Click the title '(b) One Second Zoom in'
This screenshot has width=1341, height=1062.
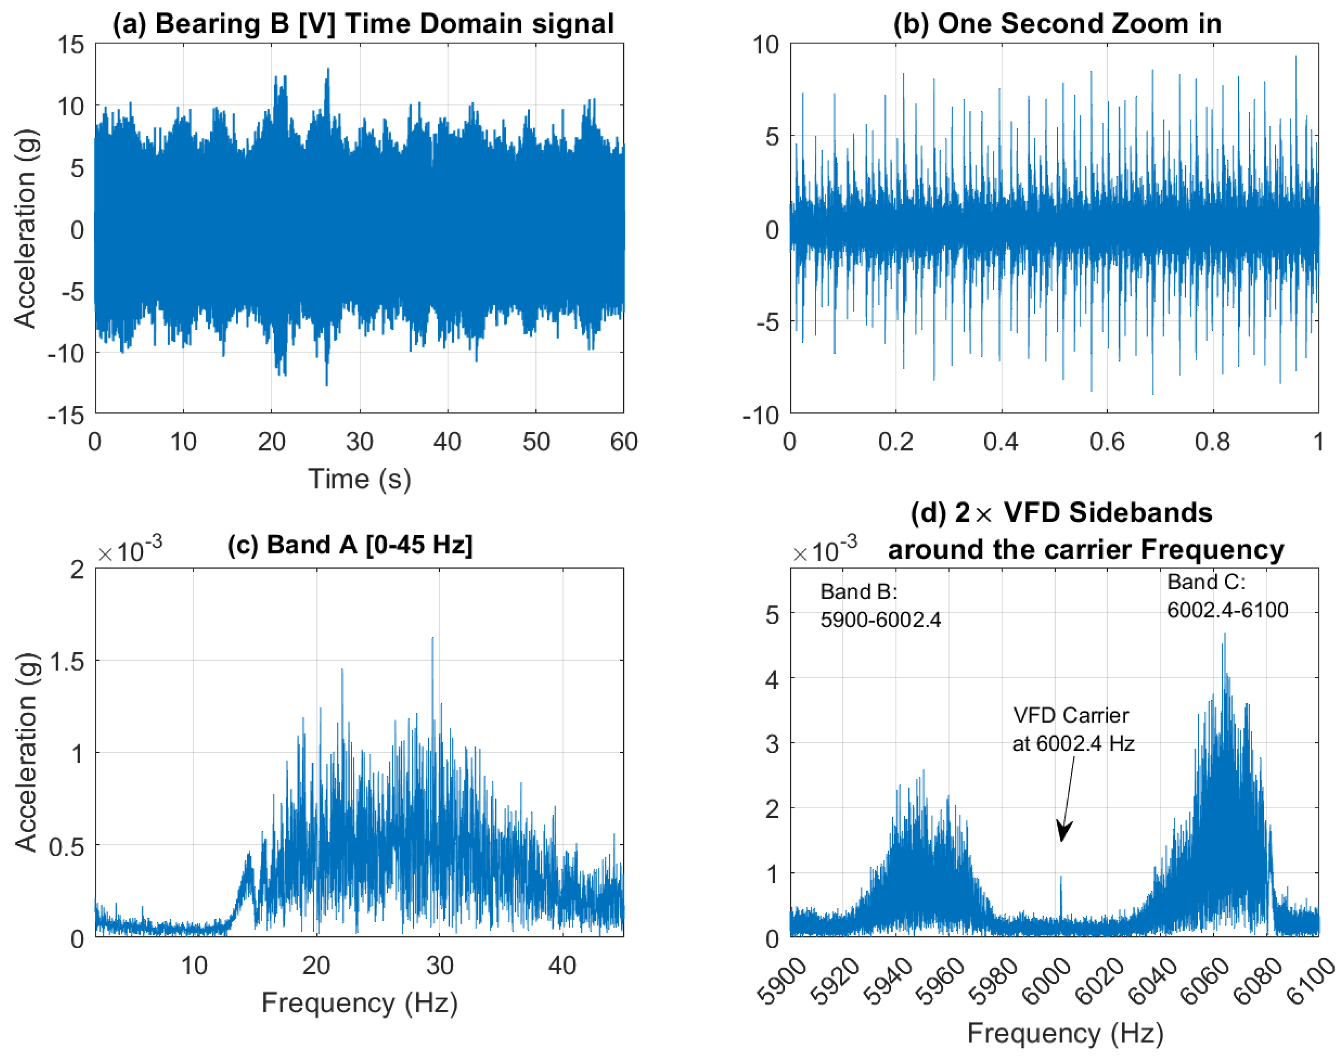1057,23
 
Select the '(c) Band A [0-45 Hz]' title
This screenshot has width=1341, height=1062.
350,545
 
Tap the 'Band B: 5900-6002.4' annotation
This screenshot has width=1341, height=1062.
880,605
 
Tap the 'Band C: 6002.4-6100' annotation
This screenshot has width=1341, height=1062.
1227,596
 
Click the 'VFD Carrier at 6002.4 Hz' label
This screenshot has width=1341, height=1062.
1073,729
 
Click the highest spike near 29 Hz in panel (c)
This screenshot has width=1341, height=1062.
432,639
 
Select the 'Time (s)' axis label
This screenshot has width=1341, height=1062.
359,479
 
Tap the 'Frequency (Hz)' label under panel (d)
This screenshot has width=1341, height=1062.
1065,1032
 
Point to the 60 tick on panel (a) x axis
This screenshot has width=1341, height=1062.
624,441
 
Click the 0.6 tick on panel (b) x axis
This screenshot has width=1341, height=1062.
1107,441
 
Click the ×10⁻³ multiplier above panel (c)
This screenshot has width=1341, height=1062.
129,550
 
